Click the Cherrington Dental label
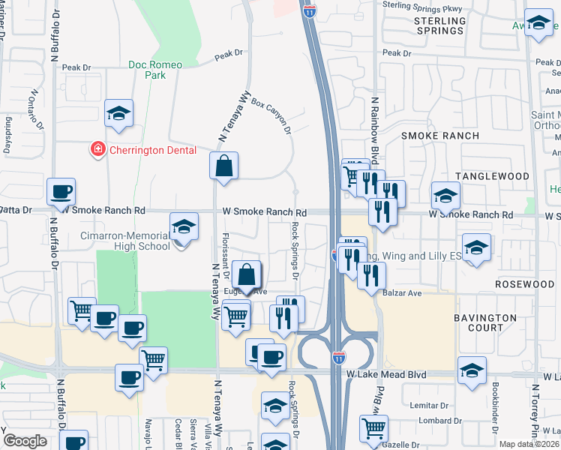pyautogui.click(x=153, y=150)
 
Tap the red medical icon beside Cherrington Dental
pyautogui.click(x=97, y=151)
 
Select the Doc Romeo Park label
pyautogui.click(x=155, y=70)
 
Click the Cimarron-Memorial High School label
pyautogui.click(x=124, y=241)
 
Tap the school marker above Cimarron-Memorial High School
pyautogui.click(x=183, y=226)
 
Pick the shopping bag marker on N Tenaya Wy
pyautogui.click(x=224, y=166)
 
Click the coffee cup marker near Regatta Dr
pyautogui.click(x=61, y=191)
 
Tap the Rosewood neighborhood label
pyautogui.click(x=524, y=285)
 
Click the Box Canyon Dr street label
pyautogui.click(x=271, y=113)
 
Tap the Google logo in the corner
pyautogui.click(x=25, y=441)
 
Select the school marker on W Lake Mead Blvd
pyautogui.click(x=472, y=370)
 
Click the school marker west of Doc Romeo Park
pyautogui.click(x=118, y=113)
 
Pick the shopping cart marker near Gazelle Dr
pyautogui.click(x=373, y=429)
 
